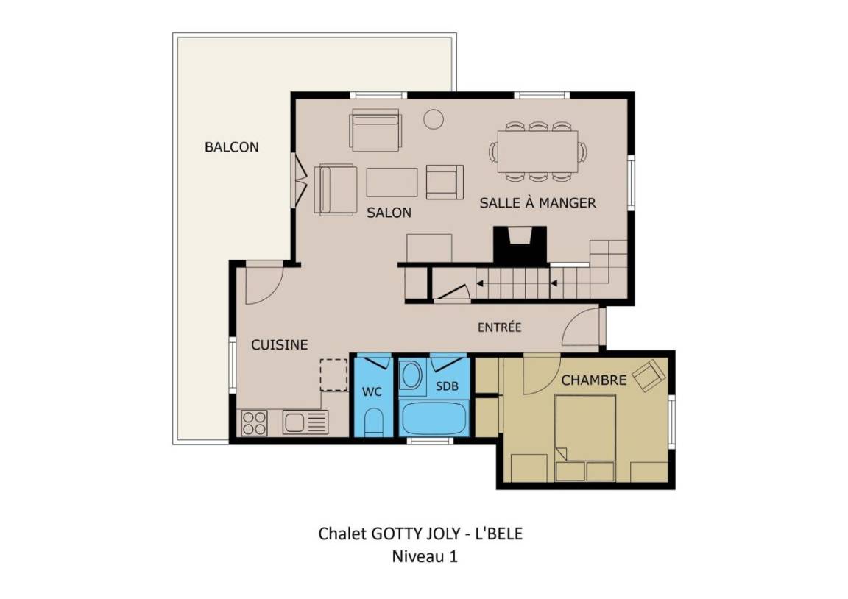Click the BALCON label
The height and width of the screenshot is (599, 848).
click(x=231, y=147)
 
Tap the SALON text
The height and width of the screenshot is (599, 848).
click(x=389, y=213)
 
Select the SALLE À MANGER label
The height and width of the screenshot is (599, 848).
click(x=537, y=202)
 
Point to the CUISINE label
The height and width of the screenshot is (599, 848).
click(x=280, y=345)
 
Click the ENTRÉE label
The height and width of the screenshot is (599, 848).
click(x=499, y=327)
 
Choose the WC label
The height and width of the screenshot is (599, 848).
click(x=372, y=392)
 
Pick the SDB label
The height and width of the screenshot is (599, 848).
click(x=448, y=386)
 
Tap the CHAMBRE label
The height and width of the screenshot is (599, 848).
click(x=594, y=380)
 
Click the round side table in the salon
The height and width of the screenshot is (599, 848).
click(x=433, y=119)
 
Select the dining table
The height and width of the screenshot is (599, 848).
click(x=537, y=151)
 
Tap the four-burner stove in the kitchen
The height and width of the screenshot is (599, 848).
click(x=254, y=423)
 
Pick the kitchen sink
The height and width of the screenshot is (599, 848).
click(x=305, y=422)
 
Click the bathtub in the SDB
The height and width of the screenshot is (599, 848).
click(x=433, y=418)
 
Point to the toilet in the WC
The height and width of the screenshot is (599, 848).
click(x=373, y=422)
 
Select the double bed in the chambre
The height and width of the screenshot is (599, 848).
click(x=585, y=437)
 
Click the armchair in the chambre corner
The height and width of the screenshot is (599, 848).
click(x=649, y=375)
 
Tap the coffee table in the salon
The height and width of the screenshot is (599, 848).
click(x=392, y=182)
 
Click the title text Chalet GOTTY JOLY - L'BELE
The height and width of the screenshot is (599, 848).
click(x=420, y=534)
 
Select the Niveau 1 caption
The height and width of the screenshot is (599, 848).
click(x=425, y=556)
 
